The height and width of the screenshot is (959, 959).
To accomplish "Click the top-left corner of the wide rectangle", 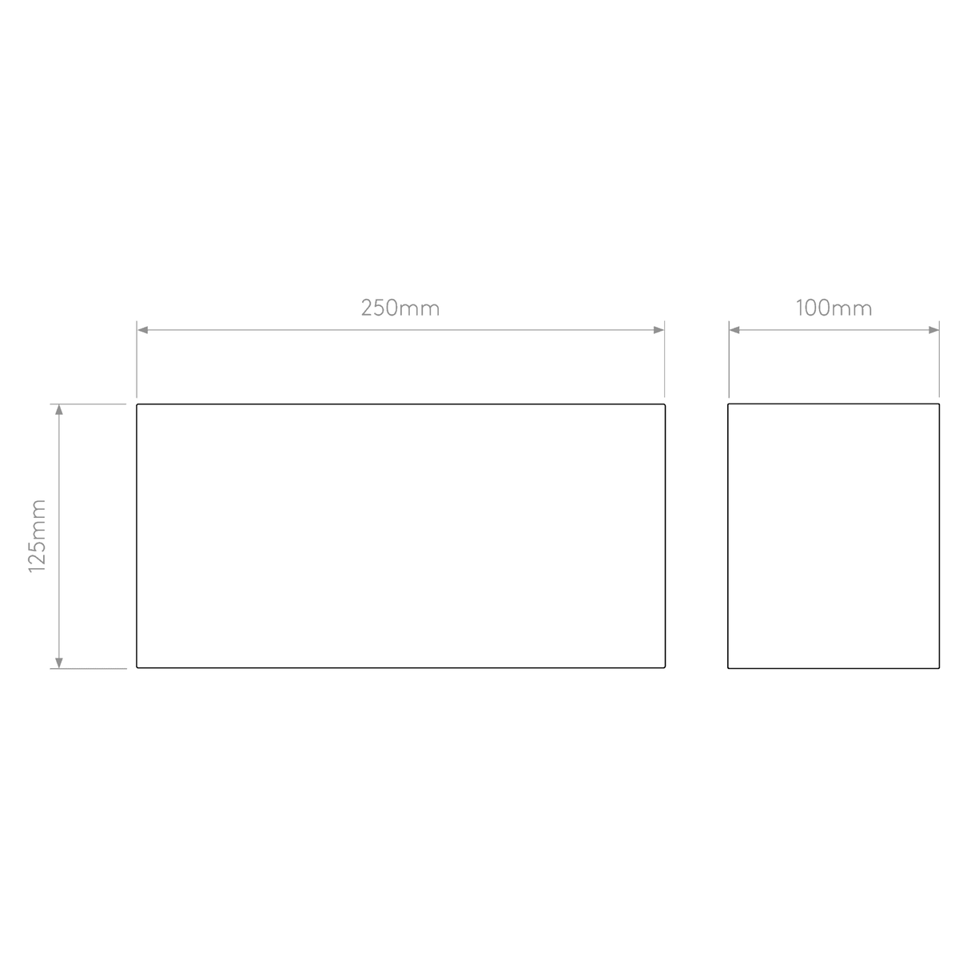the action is pos(137,404).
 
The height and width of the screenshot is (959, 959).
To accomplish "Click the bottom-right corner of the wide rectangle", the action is pos(665,667).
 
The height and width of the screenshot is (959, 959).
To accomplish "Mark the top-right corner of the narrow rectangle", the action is pos(939,404).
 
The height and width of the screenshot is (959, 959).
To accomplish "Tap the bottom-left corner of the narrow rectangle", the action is pos(728,668).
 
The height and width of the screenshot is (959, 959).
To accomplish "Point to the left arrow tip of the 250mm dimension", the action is pos(137,330).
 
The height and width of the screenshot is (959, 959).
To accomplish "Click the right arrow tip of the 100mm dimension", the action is pos(939,330).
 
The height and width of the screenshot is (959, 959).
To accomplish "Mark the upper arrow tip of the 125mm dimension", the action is pos(58,404).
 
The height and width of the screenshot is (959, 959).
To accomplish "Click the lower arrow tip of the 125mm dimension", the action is pos(58,668).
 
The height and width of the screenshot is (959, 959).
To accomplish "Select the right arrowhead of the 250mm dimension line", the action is pos(659,330).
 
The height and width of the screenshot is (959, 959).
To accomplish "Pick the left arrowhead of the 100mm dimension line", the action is pos(734,330).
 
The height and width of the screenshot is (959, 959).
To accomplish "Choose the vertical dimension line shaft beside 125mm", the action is pos(58,536).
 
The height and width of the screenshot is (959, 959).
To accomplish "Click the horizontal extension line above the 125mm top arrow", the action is pos(88,404).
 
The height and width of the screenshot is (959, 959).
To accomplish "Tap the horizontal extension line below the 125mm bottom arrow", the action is pos(88,668).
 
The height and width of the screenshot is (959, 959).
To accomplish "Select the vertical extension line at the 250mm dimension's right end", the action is pos(664,359).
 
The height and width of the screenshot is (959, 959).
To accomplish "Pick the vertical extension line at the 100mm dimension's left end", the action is pos(729,360).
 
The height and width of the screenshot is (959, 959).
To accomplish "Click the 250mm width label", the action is pos(400,308).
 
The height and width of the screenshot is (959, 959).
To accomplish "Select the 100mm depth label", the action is pos(834,308).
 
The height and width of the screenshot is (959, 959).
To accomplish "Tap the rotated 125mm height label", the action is pos(38,536).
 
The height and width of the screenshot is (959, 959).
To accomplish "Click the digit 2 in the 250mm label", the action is pos(367,308).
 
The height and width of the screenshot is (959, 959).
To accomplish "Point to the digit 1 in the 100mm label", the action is pos(799,308).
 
